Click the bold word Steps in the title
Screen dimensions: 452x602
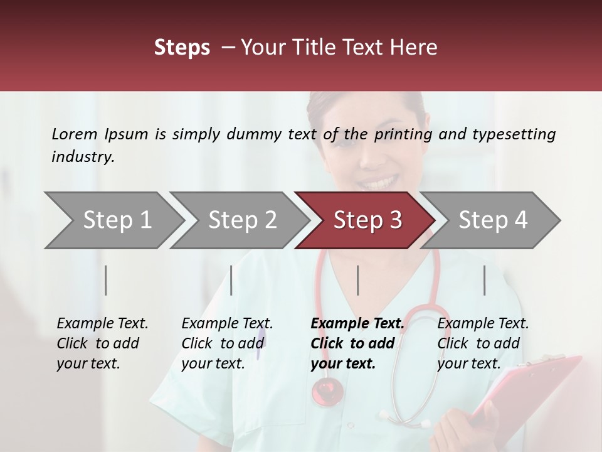pyautogui.click(x=182, y=48)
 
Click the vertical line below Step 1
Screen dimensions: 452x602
pyautogui.click(x=106, y=280)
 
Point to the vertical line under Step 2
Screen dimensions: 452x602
pyautogui.click(x=231, y=280)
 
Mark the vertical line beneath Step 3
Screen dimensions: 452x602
pyautogui.click(x=358, y=280)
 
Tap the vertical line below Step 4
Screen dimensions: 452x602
pyautogui.click(x=485, y=280)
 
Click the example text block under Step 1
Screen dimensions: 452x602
pyautogui.click(x=102, y=343)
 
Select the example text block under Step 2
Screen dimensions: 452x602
pyautogui.click(x=227, y=343)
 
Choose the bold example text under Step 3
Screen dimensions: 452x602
pyautogui.click(x=357, y=343)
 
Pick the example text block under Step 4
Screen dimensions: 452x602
pyautogui.click(x=483, y=343)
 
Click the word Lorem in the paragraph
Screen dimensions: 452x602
pyautogui.click(x=74, y=134)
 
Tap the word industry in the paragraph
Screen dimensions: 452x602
pyautogui.click(x=83, y=157)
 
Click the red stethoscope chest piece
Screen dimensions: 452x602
pyautogui.click(x=327, y=391)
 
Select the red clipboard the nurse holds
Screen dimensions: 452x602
pyautogui.click(x=527, y=389)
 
